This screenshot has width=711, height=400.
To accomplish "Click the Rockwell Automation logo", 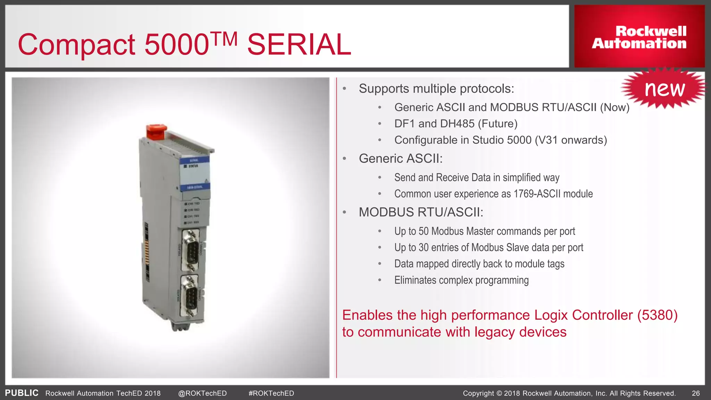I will coord(639,37).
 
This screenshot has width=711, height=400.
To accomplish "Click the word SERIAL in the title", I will coord(299,44).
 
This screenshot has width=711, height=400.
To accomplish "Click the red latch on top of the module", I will coord(156,132).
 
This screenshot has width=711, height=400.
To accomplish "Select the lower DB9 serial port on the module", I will coord(190,295).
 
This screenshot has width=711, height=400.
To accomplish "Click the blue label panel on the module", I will coord(195,174).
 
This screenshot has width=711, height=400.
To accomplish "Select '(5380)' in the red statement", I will coord(657,315).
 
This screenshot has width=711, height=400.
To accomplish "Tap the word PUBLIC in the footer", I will coord(22,393).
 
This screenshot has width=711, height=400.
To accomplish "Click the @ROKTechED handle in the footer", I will coord(202,393).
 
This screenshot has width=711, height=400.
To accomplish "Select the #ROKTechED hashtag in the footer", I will coord(271,393).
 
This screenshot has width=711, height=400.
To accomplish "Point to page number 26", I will coord(696,393).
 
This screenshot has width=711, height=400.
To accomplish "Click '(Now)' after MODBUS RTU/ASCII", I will coord(614,107).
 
